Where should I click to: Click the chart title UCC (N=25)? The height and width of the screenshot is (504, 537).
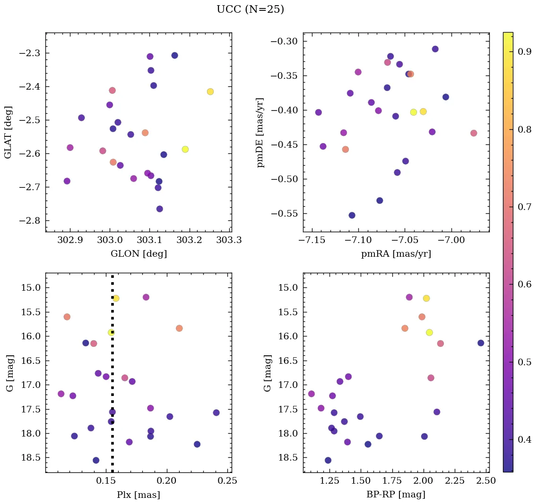(250, 9)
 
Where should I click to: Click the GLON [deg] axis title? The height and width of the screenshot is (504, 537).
(139, 254)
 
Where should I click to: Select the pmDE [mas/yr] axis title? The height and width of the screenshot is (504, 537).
(260, 133)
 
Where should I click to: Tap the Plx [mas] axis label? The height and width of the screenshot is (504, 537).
(138, 495)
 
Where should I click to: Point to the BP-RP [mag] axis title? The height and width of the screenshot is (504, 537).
(396, 495)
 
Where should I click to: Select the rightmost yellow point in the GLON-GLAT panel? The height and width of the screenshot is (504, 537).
(210, 92)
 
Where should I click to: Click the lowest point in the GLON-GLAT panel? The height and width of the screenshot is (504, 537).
(160, 209)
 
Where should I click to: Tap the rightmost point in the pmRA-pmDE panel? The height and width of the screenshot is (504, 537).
(474, 133)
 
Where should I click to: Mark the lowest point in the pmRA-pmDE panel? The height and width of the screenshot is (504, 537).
(352, 215)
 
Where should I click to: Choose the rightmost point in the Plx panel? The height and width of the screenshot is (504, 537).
(216, 412)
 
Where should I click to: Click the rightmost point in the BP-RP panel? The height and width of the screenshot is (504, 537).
(481, 343)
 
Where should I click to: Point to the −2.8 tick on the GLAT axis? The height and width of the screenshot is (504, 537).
(31, 221)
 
